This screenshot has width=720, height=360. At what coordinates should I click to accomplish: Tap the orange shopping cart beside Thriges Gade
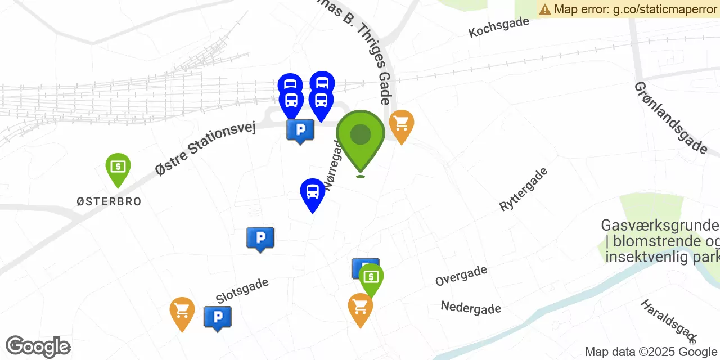coord(401,123)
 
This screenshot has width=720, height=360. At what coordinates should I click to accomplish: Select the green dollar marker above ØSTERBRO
coord(118,167)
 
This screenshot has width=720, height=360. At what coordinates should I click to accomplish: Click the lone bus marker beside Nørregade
coord(313,192)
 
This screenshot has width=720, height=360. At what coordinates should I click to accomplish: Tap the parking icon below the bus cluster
coord(300,130)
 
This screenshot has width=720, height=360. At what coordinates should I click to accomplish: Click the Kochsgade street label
coord(499,27)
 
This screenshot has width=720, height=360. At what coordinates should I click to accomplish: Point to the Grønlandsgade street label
coord(670,118)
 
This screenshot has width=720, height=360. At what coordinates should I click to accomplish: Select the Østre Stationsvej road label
coord(205,148)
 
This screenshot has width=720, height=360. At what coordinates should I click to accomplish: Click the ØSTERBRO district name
coord(109,201)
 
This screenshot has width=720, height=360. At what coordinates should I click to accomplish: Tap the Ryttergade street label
coord(523,189)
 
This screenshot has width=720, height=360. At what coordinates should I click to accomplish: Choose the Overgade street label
coord(461,275)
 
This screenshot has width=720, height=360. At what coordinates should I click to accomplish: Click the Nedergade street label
coord(471,307)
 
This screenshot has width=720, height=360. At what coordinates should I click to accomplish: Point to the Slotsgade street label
coord(242,290)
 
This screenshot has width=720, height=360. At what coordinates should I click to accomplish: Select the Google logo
coord(38,346)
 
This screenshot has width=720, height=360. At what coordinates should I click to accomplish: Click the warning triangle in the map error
coord(545,9)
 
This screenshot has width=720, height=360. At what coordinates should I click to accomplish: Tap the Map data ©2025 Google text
coord(651,352)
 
